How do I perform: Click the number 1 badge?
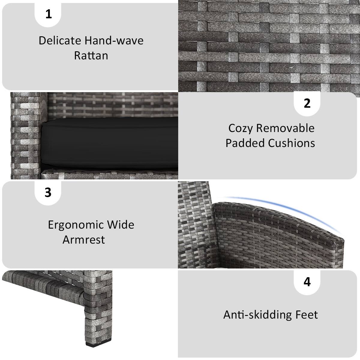48,14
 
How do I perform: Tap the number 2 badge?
307,103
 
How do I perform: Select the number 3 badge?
48,192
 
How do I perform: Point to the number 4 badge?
307,282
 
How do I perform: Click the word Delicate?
60,40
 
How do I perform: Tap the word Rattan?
91,55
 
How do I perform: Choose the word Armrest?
84,240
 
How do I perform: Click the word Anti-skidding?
257,315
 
